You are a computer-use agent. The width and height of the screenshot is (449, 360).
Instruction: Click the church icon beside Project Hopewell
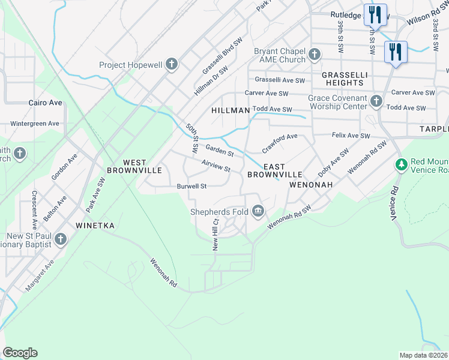pos(172,65)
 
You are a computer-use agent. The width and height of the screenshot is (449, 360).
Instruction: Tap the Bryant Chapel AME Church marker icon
pos(314,56)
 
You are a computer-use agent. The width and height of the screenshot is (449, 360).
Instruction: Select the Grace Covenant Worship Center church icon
pos(376,101)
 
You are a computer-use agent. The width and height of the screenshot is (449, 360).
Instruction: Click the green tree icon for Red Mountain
pos(401,164)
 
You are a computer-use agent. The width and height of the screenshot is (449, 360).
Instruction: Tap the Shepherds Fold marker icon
pos(259,211)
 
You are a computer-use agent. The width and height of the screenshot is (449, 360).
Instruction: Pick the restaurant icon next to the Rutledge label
pos(375,14)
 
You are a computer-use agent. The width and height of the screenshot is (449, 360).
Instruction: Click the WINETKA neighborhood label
pos(94,226)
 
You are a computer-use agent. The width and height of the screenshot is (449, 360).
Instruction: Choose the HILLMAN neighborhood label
pos(231,111)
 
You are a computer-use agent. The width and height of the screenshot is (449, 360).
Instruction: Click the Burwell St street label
pos(191,186)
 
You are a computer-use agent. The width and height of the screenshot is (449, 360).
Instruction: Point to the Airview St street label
pos(216,166)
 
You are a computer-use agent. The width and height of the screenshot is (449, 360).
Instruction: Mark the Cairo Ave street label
pos(46,103)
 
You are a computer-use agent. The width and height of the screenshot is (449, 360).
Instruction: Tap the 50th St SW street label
pos(192,137)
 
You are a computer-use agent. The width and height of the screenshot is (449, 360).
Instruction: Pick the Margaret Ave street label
pos(40,275)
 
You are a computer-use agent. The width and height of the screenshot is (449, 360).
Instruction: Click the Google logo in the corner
pos(20,353)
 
